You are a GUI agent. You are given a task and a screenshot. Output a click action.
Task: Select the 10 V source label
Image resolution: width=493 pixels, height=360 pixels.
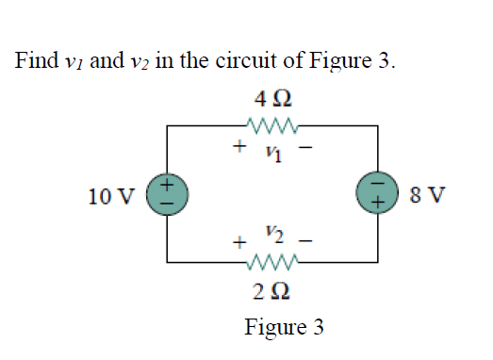pyautogui.click(x=111, y=196)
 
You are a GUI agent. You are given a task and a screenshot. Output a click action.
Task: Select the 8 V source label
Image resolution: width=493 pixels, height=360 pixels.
pyautogui.click(x=429, y=196)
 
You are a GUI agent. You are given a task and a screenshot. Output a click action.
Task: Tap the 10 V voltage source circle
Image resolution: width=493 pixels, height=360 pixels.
pyautogui.click(x=168, y=194)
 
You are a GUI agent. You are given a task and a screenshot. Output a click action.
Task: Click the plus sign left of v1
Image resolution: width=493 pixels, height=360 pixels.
pyautogui.click(x=241, y=145)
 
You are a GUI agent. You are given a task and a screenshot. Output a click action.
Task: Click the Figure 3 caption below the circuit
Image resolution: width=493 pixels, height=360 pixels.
pyautogui.click(x=284, y=327)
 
